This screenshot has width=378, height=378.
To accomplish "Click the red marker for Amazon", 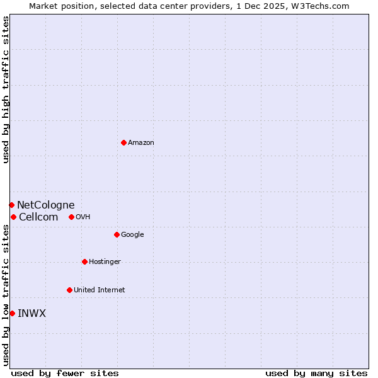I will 123,142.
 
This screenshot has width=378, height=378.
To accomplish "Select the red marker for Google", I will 117,234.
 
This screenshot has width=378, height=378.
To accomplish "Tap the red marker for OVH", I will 71,217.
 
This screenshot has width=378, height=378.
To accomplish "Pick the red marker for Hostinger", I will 84,261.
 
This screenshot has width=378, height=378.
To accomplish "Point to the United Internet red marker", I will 69,290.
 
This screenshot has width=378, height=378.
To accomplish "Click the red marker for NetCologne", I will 11,205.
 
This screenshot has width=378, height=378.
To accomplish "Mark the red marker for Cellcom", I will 13,217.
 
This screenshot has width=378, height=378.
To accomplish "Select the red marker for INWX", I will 12,313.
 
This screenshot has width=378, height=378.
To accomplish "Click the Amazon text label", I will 141,143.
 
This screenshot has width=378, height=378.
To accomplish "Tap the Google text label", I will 132,235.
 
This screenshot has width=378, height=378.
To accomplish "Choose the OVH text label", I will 83,217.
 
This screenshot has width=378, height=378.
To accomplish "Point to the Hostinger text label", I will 105,262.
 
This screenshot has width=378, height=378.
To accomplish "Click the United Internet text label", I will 99,290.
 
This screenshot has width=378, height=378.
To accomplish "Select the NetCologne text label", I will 45,205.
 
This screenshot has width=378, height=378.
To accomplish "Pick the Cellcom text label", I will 38,217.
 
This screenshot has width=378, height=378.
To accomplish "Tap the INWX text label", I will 31,314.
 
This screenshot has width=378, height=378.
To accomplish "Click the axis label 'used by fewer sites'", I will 65,373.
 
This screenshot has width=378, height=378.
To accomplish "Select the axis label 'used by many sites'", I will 316,373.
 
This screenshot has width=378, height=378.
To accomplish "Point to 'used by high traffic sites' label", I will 6,89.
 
